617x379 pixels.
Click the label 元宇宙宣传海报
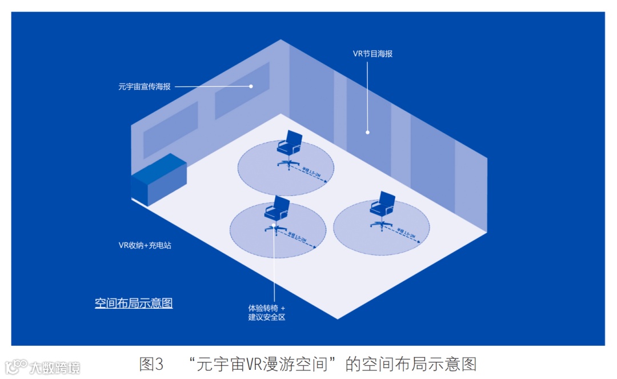click(x=144, y=87)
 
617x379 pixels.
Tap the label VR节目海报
click(x=372, y=54)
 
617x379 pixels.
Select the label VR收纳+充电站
click(x=145, y=245)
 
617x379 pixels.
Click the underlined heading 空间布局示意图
click(x=134, y=303)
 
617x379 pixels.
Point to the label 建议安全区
click(x=266, y=317)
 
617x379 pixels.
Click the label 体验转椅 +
click(x=266, y=308)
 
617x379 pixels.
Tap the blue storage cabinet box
click(x=159, y=179)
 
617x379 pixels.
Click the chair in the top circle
click(x=289, y=149)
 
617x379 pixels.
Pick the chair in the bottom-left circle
click(x=277, y=214)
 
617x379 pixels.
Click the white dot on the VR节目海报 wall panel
click(x=367, y=133)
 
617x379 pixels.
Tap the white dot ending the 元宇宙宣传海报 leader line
click(x=251, y=87)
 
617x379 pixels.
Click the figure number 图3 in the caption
click(x=151, y=364)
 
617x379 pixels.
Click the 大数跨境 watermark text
click(x=55, y=368)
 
